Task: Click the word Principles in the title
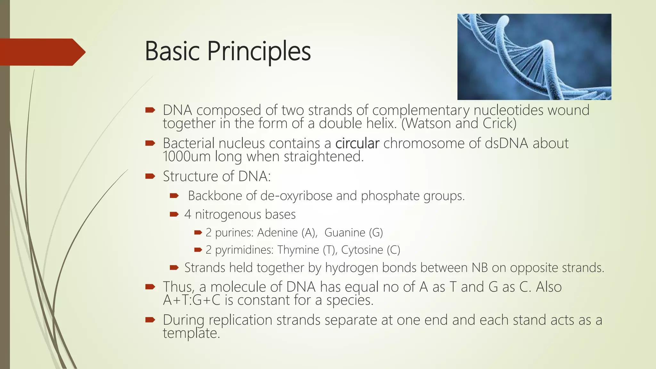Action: (x=259, y=51)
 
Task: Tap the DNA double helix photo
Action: (x=534, y=57)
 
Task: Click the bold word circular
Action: (x=357, y=143)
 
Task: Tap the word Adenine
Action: (x=278, y=233)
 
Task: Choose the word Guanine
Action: (x=345, y=233)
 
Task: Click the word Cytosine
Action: (x=362, y=250)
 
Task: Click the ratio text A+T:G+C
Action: (x=192, y=300)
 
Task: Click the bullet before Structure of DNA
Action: (x=150, y=176)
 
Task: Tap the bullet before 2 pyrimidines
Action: (x=198, y=250)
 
